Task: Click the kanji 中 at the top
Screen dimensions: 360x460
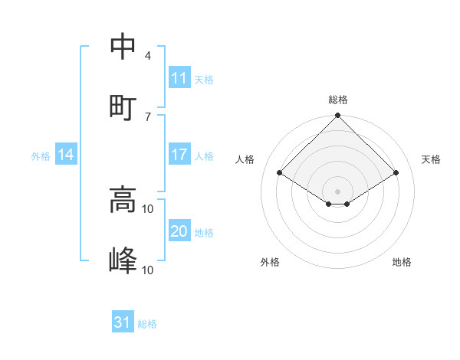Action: point(123,47)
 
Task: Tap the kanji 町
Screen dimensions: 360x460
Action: point(123,106)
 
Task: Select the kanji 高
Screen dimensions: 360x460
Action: point(123,201)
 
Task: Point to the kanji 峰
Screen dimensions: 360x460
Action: point(123,260)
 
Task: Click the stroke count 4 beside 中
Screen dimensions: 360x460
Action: point(147,56)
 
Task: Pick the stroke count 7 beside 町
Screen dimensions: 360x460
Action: point(147,116)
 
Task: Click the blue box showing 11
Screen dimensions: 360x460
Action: point(179,78)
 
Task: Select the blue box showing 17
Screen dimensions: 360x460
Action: point(179,155)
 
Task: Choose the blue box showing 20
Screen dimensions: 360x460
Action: point(179,232)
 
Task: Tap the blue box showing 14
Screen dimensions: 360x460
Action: point(66,155)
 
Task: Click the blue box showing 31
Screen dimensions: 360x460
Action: point(123,322)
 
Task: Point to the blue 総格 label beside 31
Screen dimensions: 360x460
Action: point(147,324)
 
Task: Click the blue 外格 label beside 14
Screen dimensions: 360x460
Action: point(41,156)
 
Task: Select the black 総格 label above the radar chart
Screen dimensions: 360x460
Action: point(338,100)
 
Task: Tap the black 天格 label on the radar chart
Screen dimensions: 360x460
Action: point(432,159)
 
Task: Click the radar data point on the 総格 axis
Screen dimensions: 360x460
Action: point(338,116)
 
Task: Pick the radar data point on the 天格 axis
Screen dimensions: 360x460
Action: point(396,173)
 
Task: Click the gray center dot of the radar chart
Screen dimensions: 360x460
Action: point(338,191)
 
